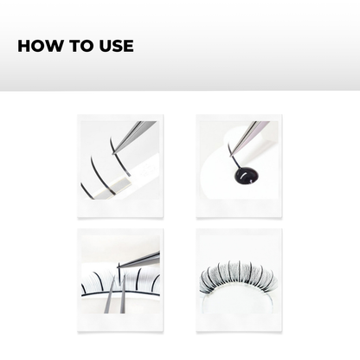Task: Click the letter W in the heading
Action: (54, 46)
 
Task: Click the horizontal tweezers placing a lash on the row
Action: (143, 258)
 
